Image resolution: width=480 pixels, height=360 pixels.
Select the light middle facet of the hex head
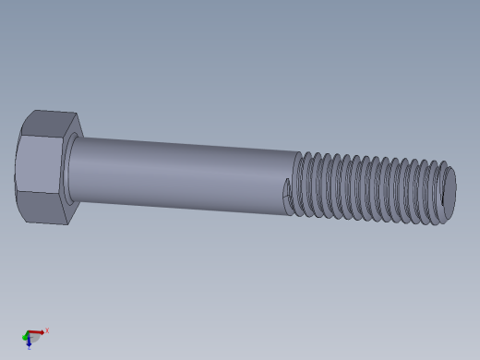pos(39,164)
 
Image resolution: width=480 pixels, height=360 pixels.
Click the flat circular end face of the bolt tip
pos(450,192)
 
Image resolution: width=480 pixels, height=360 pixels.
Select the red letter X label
pos(47,330)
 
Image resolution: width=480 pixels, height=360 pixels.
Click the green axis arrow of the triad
pos(26,337)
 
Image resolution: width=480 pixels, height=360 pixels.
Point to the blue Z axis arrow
pos(29,342)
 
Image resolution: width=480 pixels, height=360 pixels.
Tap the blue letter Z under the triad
pos(29,348)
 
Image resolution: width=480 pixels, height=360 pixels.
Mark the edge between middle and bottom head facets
pos(39,193)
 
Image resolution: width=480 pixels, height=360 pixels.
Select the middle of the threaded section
pos(369,188)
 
